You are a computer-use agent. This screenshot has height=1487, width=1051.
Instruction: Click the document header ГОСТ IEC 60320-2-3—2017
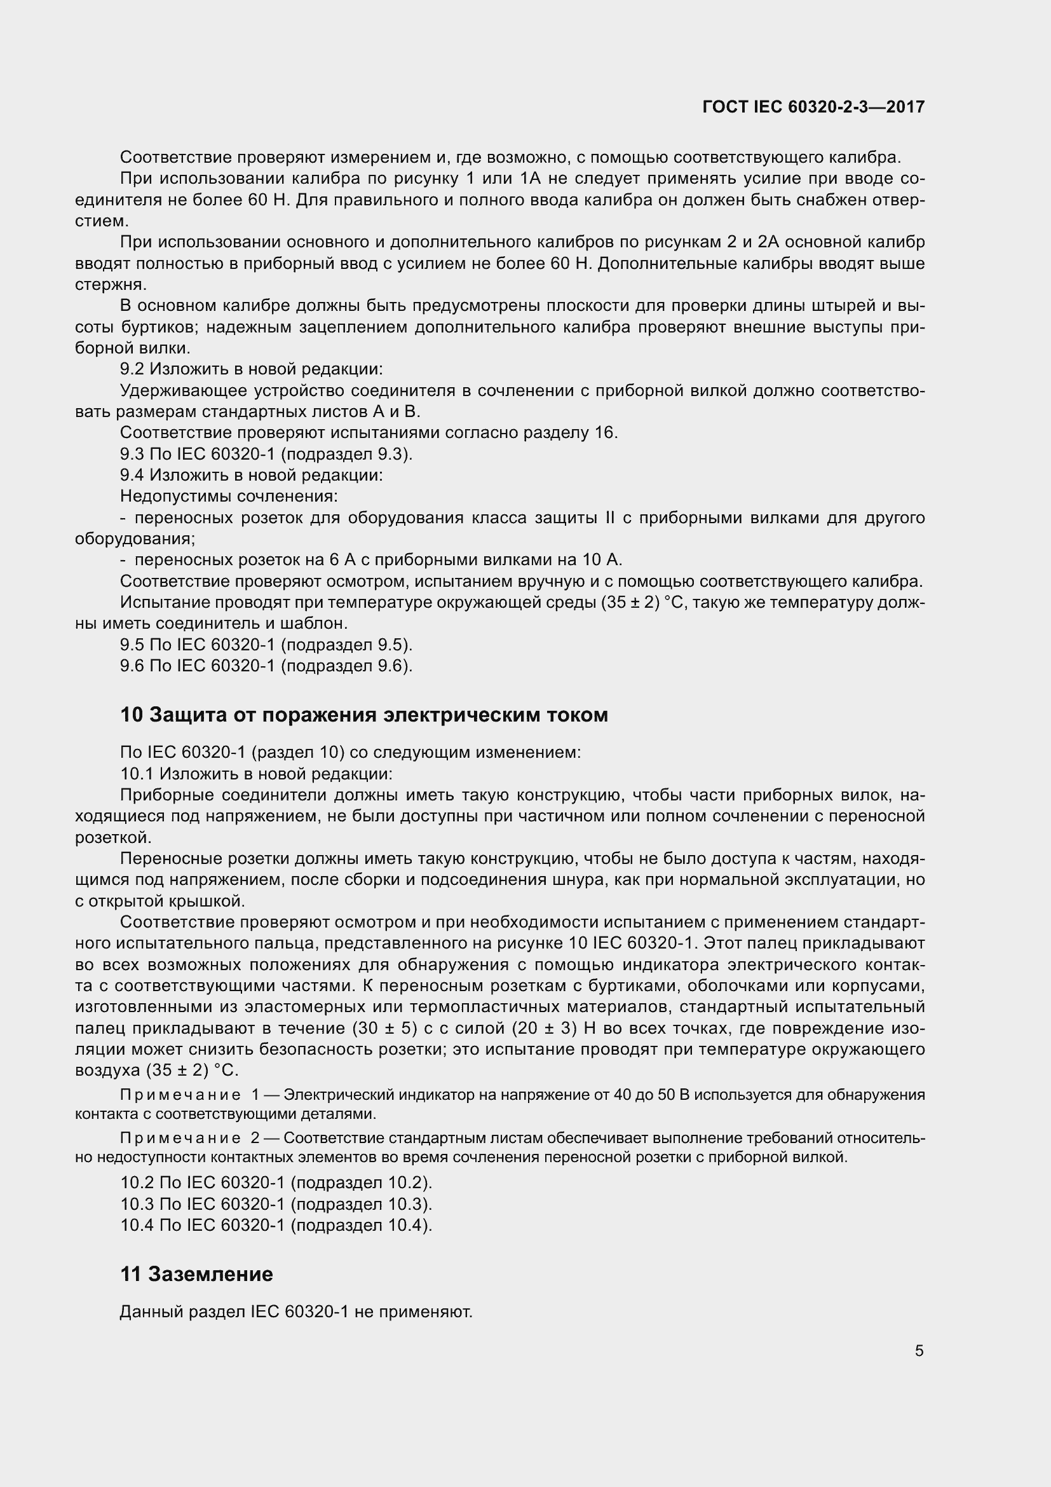[813, 107]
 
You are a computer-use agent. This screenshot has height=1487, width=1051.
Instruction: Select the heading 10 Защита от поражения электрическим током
[363, 715]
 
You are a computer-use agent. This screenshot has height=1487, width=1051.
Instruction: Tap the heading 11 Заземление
[196, 1274]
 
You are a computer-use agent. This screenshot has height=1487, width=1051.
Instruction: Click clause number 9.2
[133, 369]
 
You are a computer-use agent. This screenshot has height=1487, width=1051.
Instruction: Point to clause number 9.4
[133, 476]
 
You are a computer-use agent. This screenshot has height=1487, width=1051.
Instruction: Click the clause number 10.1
[138, 774]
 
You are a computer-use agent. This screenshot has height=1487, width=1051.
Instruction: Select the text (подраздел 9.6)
[347, 666]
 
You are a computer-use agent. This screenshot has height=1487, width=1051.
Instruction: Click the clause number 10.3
[138, 1204]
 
